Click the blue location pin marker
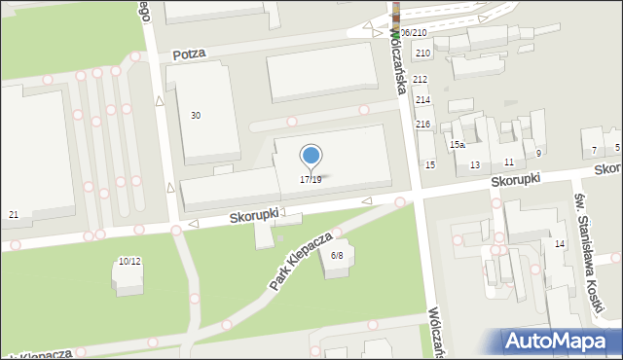311,157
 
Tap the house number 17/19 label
311,180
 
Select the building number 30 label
196,116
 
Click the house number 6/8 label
337,255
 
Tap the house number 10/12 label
129,261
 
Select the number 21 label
13,214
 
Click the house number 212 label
421,79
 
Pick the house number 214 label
422,100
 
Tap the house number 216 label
422,124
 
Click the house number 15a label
457,145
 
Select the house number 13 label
475,165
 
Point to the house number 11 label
509,161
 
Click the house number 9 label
538,153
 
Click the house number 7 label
595,150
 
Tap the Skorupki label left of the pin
256,212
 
